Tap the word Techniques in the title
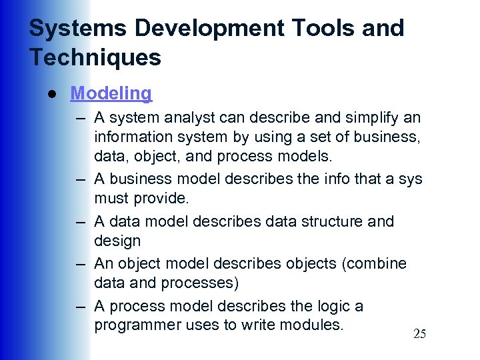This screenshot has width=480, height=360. tap(95, 57)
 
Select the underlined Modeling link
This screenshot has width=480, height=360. tap(111, 93)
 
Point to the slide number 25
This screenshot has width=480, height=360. tap(419, 334)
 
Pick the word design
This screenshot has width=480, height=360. tap(117, 240)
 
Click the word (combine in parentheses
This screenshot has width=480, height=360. tap(373, 263)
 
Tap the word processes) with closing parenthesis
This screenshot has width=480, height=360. tap(199, 283)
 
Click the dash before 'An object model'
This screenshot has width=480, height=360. tap(81, 264)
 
